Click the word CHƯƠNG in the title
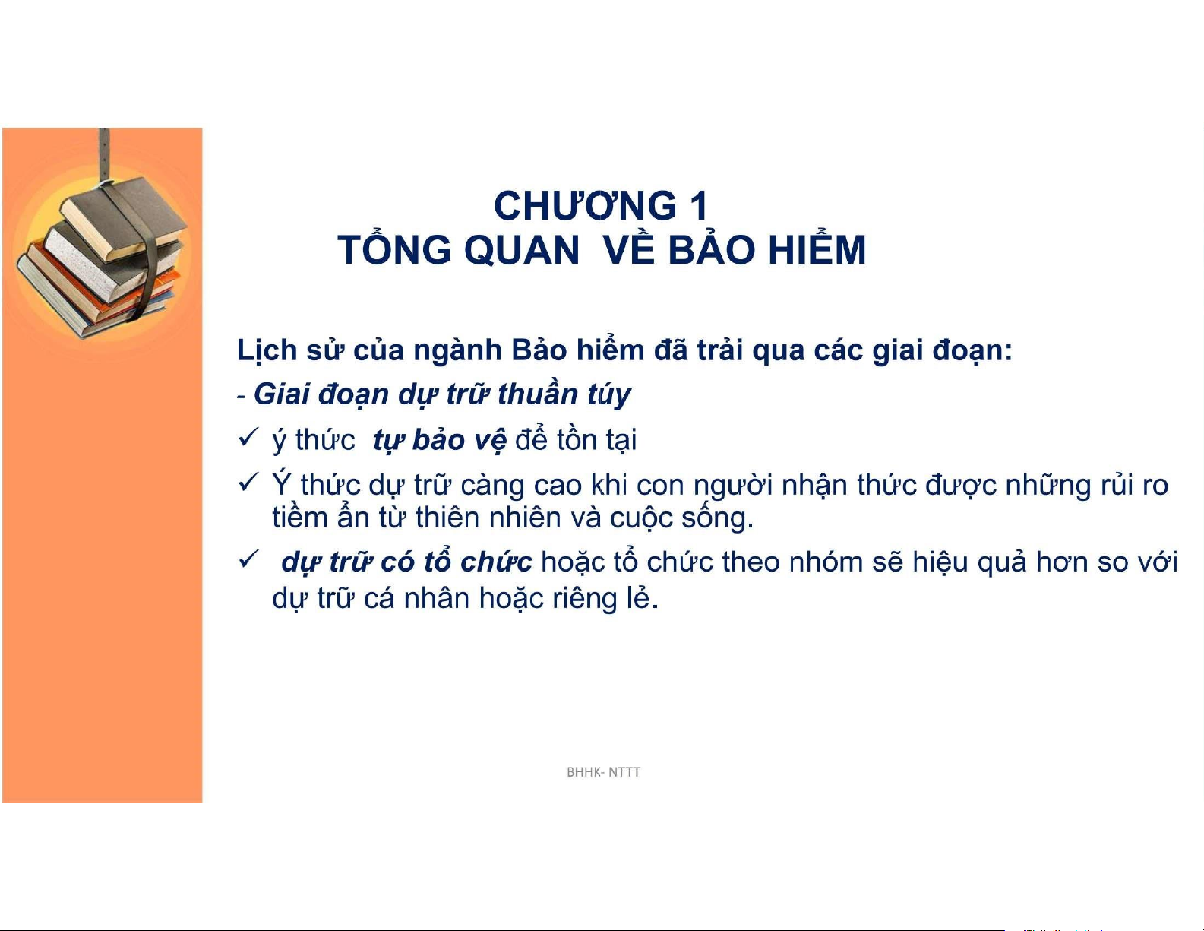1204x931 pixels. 585,206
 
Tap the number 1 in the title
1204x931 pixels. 700,206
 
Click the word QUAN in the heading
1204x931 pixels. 522,251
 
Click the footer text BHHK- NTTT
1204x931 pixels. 603,772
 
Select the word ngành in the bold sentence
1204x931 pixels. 457,352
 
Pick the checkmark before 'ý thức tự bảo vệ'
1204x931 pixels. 248,437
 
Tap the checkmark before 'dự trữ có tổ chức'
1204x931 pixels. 248,559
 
